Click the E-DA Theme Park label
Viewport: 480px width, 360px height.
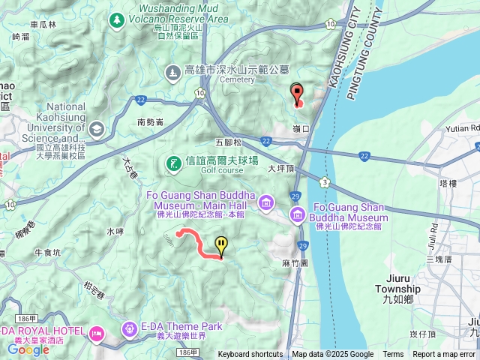pos(181,327)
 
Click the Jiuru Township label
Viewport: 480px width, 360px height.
pos(398,289)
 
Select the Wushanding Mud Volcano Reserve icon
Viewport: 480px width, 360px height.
pos(117,19)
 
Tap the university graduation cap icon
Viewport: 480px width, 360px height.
pos(97,129)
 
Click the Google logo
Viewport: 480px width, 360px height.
pos(28,349)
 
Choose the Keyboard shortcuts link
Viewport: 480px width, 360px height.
pos(250,355)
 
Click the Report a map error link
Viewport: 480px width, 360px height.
pos(445,355)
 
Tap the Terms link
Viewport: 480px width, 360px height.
pos(393,355)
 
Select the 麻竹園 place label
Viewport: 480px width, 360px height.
pos(295,264)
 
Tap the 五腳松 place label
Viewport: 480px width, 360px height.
pos(229,142)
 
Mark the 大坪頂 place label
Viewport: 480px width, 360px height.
pos(281,169)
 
